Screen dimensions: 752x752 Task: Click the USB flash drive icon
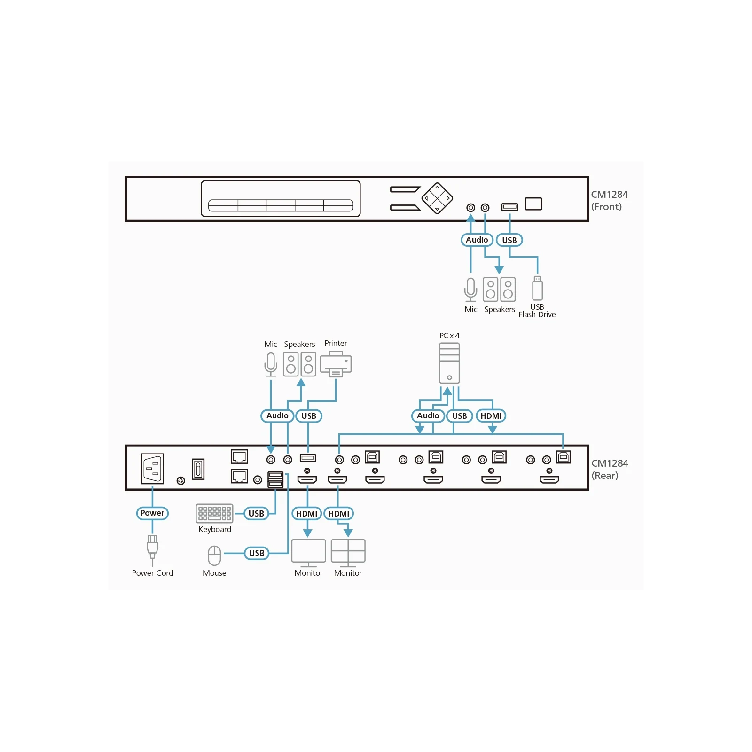click(537, 288)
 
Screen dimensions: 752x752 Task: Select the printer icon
click(336, 364)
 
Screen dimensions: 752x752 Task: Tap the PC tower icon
click(449, 363)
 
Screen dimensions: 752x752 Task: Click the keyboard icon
click(214, 513)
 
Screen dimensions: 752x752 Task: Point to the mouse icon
click(214, 556)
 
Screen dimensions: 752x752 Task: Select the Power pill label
click(152, 513)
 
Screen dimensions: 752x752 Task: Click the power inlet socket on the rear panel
click(152, 469)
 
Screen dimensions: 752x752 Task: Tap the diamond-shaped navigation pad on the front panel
click(437, 198)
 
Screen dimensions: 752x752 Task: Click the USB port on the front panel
click(509, 207)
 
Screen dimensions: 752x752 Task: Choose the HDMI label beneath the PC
click(491, 416)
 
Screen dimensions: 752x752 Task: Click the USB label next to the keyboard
click(256, 514)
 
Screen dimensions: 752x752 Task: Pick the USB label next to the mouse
click(257, 553)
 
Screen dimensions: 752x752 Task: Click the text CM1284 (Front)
click(609, 201)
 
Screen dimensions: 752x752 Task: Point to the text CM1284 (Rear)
click(610, 470)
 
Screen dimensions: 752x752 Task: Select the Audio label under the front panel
click(477, 240)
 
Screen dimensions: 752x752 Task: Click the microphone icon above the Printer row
click(271, 365)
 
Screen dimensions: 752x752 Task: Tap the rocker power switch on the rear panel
click(198, 469)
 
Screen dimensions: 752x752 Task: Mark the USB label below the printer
click(309, 416)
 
